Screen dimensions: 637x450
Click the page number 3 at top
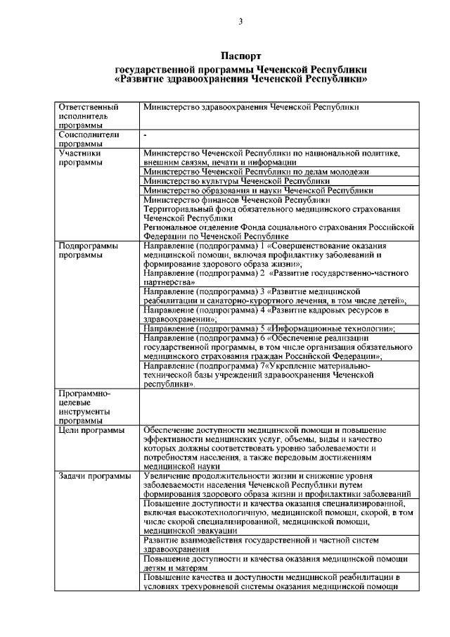point(240,22)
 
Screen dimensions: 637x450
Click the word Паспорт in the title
point(240,56)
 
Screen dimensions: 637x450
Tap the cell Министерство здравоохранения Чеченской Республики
point(251,107)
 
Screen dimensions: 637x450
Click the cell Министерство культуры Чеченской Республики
point(236,181)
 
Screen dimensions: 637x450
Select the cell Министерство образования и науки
point(257,190)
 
